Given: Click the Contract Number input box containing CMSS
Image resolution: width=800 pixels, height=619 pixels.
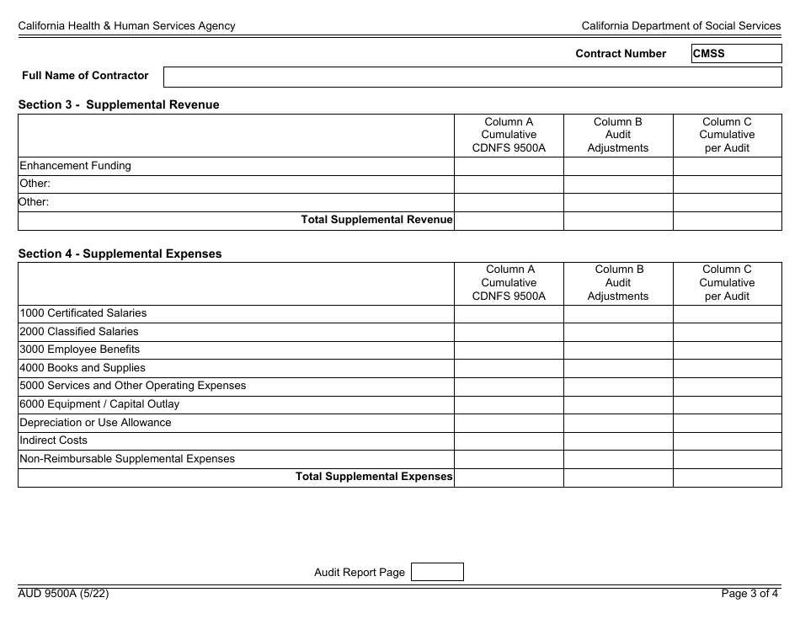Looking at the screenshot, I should (x=736, y=54).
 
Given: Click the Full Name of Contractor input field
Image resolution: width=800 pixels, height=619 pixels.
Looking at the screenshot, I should (x=472, y=77).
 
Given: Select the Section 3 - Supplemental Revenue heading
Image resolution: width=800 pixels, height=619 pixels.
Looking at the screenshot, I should (x=119, y=105).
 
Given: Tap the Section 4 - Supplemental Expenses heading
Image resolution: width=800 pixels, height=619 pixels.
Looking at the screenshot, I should (x=120, y=253).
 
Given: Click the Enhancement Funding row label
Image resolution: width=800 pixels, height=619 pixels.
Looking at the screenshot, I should (x=76, y=166).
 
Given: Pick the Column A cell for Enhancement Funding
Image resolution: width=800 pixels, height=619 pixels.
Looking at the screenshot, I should (x=509, y=166).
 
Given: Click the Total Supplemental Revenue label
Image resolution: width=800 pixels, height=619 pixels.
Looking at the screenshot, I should (x=377, y=221).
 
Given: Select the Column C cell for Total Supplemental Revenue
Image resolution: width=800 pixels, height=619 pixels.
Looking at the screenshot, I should (x=727, y=221).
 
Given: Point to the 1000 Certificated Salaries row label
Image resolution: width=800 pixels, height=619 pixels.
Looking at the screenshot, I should (x=83, y=313).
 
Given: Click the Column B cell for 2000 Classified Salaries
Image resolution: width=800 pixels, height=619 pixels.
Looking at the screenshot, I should (x=617, y=332).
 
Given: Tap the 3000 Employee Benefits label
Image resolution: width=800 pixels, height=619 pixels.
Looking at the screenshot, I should (x=80, y=350).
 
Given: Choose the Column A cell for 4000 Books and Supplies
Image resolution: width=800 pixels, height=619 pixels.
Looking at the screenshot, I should (x=509, y=368).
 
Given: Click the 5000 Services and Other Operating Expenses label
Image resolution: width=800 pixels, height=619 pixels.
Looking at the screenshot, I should (x=133, y=386).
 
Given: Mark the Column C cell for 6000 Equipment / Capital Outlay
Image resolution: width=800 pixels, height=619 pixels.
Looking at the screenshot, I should (x=727, y=404).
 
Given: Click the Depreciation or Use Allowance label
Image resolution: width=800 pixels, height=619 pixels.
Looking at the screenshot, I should (x=95, y=423).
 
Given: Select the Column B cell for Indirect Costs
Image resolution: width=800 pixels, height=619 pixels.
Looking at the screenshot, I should (x=617, y=440).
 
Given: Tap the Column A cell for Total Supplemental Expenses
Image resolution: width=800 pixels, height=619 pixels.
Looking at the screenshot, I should (x=509, y=478).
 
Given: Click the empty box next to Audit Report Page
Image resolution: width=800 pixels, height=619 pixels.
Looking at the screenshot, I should (x=436, y=572).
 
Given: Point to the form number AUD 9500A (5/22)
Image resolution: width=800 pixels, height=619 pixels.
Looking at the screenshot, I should (x=63, y=594).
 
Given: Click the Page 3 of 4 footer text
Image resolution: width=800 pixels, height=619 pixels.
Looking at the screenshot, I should (x=750, y=594).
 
